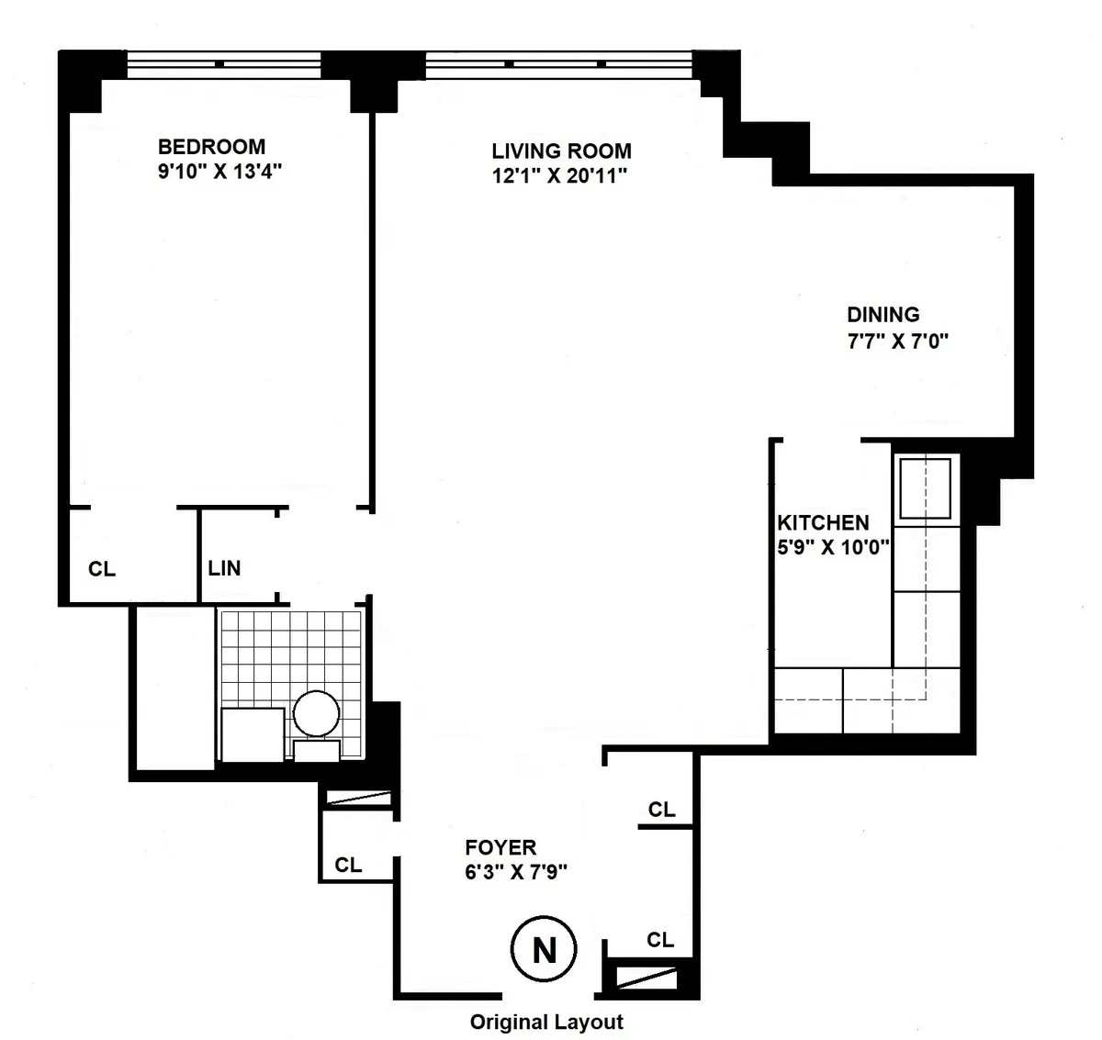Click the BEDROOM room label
211,147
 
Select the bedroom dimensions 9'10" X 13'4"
218,172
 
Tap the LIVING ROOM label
561,151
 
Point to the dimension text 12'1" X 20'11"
558,176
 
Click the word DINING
883,315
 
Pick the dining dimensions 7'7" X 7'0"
896,341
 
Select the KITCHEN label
823,523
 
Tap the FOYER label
500,847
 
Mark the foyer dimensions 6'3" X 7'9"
516,872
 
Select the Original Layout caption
546,1023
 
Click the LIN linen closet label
224,568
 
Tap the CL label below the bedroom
102,569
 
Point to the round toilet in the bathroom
316,713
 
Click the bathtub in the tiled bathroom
253,734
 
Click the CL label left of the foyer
348,865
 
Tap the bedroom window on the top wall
223,63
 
